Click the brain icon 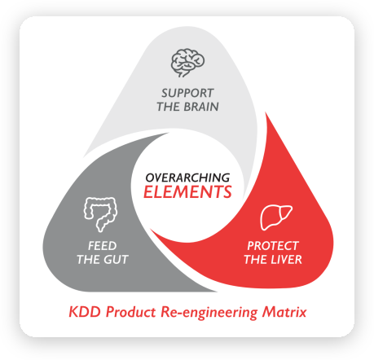tap(187, 63)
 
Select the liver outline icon tap(276, 217)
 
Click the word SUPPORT tap(187, 93)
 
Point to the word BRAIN tap(201, 107)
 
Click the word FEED tap(102, 246)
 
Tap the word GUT tap(115, 260)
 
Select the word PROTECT tap(273, 246)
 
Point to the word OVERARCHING tap(187, 178)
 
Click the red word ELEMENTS tap(187, 191)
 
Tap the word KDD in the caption tap(85, 312)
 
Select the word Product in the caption tap(130, 312)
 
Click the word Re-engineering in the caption tap(209, 313)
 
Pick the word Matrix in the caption tap(284, 312)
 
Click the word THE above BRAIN tap(169, 107)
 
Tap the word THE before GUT tap(88, 260)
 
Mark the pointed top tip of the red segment tap(266, 112)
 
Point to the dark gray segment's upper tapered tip tap(169, 133)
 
